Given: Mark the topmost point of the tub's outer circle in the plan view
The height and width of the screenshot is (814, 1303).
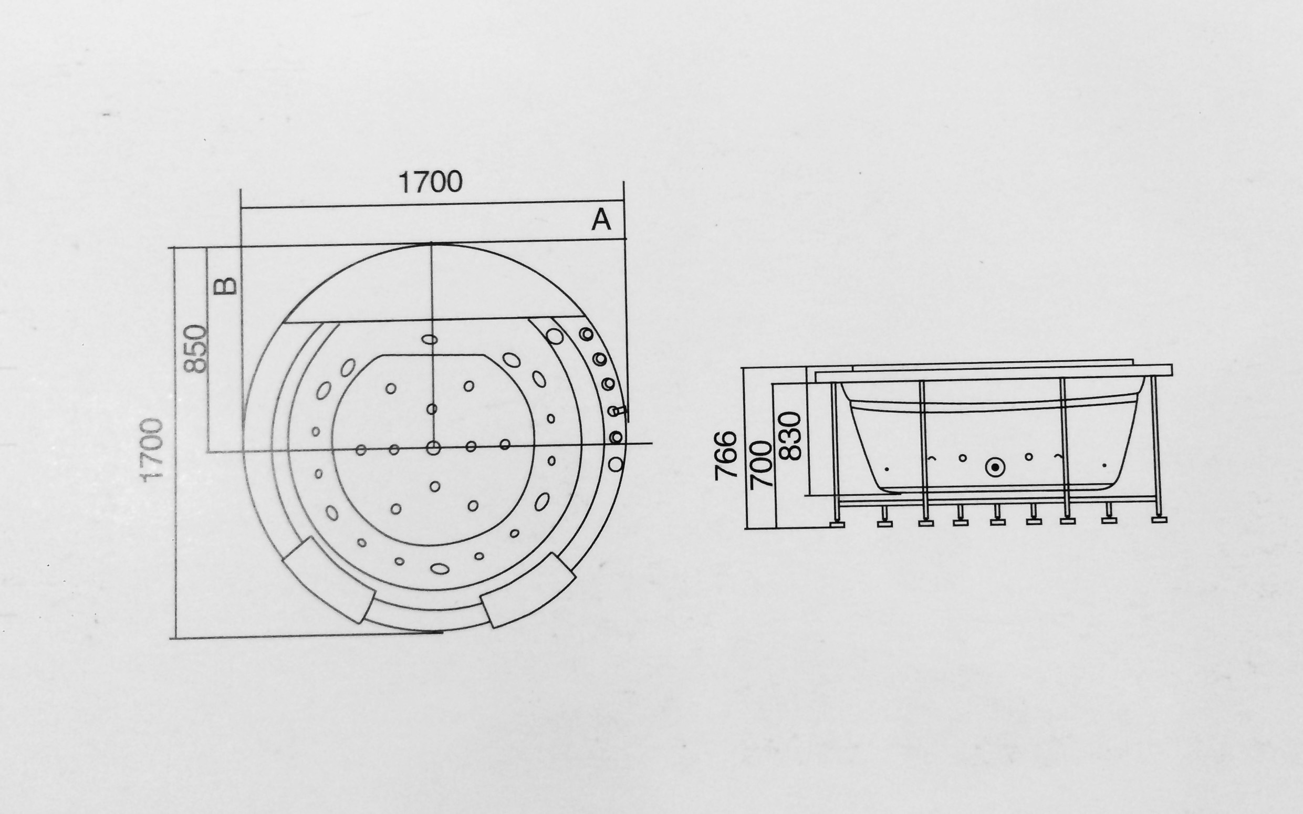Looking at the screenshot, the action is pyautogui.click(x=432, y=244).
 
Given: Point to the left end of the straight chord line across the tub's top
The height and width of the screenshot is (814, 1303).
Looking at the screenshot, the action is pyautogui.click(x=283, y=322).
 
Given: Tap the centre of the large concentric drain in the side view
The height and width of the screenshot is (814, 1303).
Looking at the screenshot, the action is pyautogui.click(x=995, y=466).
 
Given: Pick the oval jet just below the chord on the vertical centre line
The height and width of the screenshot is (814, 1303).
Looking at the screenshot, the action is pyautogui.click(x=429, y=339).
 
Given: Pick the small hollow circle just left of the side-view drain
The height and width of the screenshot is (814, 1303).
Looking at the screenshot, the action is pyautogui.click(x=963, y=458).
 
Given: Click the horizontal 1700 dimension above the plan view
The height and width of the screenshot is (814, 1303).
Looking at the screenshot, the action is pyautogui.click(x=430, y=182).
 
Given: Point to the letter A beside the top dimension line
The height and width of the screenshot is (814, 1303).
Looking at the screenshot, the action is pyautogui.click(x=601, y=220).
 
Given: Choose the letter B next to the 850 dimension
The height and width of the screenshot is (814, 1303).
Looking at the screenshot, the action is pyautogui.click(x=226, y=286).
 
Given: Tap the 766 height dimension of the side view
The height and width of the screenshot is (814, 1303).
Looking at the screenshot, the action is pyautogui.click(x=725, y=455).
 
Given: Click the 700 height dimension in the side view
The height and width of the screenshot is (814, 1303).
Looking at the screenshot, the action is pyautogui.click(x=762, y=464).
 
